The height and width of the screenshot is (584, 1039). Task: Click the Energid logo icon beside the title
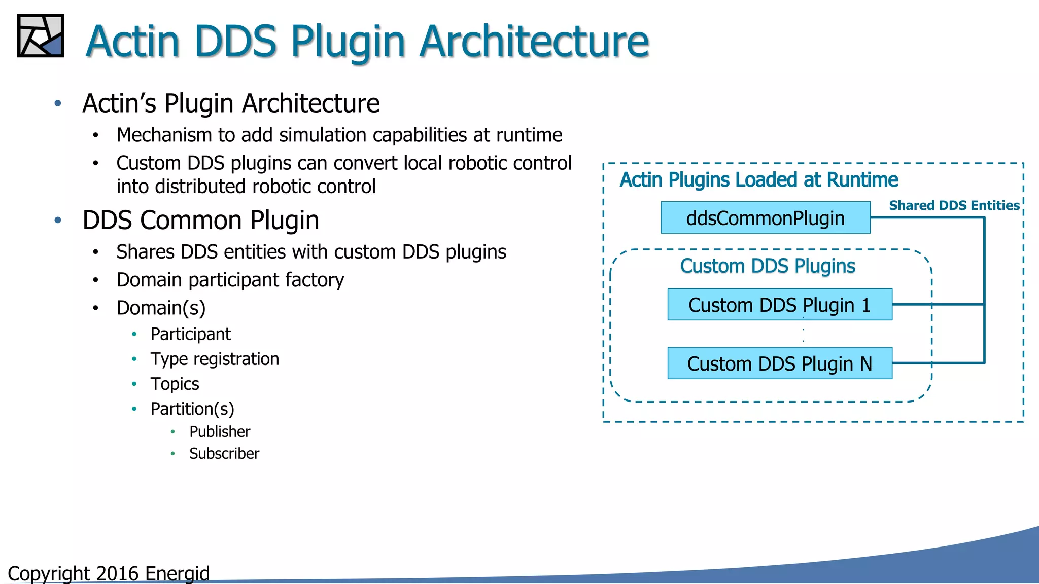pos(41,35)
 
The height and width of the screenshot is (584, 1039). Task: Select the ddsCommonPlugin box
pos(765,218)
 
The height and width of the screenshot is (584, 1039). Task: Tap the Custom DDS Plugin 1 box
pos(779,305)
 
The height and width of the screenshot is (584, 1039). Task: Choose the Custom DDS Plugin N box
pos(779,363)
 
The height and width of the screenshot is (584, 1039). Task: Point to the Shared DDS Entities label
pos(954,205)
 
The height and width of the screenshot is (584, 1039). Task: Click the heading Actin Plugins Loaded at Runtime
pos(758,180)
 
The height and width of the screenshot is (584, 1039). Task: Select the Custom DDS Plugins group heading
pos(767,266)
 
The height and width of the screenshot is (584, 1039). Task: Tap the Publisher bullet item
pos(219,431)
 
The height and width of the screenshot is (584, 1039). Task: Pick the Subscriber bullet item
pos(224,453)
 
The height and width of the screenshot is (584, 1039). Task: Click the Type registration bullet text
pos(215,359)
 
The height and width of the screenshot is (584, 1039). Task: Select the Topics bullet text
pos(175,384)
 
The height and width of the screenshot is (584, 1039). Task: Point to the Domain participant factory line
pos(230,280)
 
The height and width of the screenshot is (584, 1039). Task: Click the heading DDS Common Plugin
pos(200,221)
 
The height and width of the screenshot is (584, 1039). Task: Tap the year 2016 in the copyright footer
pos(117,573)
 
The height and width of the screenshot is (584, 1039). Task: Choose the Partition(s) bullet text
pos(192,409)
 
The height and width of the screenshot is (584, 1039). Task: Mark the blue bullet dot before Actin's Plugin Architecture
pos(58,103)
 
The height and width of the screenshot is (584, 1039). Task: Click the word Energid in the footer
pos(177,573)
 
